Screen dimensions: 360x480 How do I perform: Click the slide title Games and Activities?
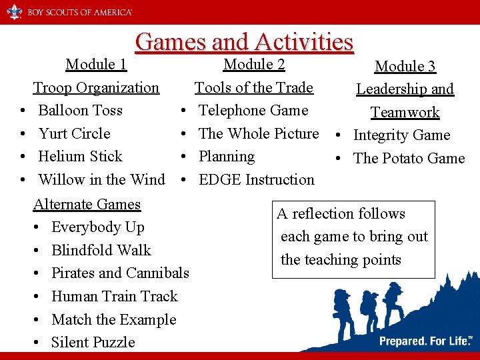point(244,42)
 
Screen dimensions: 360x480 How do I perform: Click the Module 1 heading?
point(96,65)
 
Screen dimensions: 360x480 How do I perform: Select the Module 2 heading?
point(254,65)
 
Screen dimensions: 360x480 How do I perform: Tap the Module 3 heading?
point(405,66)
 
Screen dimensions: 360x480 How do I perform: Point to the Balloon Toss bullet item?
point(80,110)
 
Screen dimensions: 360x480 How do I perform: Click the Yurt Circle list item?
point(74,133)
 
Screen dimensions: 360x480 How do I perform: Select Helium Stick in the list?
point(80,157)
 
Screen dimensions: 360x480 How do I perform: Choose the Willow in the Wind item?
point(101,179)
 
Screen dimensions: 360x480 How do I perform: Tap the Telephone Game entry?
point(253,110)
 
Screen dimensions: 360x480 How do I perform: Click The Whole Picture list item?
point(259,133)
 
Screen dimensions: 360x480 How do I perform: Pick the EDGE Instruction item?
point(257,179)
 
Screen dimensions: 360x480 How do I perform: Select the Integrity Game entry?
point(401,135)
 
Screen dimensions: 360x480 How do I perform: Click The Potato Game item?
point(409,158)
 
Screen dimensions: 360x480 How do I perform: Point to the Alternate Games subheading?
point(87,204)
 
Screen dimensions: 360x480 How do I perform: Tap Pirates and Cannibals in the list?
point(120,273)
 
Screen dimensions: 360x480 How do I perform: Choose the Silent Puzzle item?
point(93,343)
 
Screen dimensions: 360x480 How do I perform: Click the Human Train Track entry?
point(114,297)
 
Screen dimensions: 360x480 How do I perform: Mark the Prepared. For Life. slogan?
point(425,341)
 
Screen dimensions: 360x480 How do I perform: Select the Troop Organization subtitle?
point(96,88)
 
